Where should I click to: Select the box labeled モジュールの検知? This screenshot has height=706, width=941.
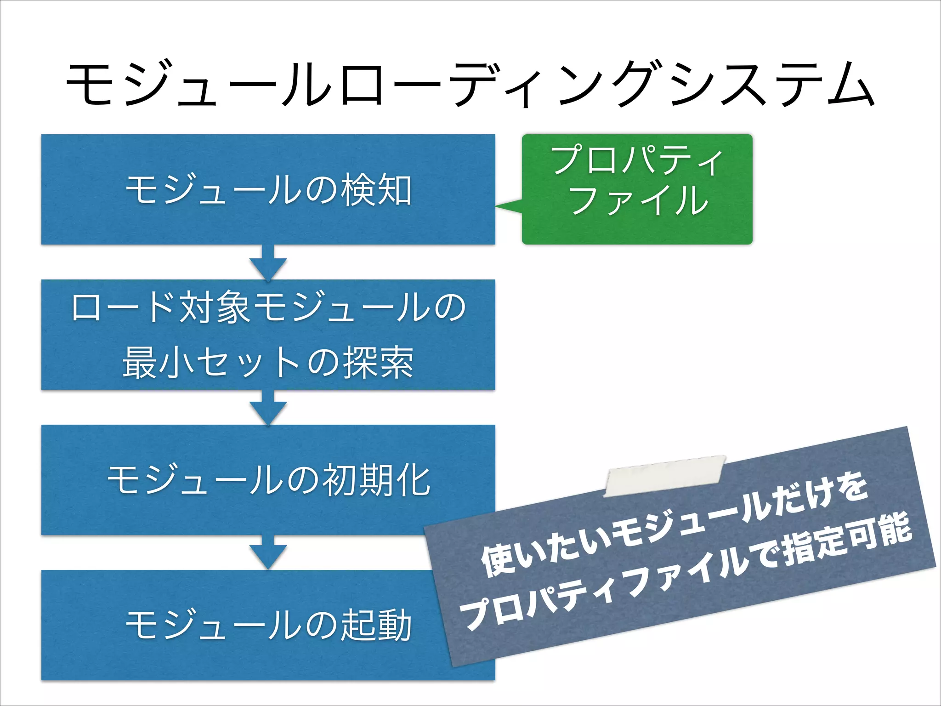point(268,189)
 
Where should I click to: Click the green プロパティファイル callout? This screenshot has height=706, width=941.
point(637,189)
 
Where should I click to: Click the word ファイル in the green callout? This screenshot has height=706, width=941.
point(639,200)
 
